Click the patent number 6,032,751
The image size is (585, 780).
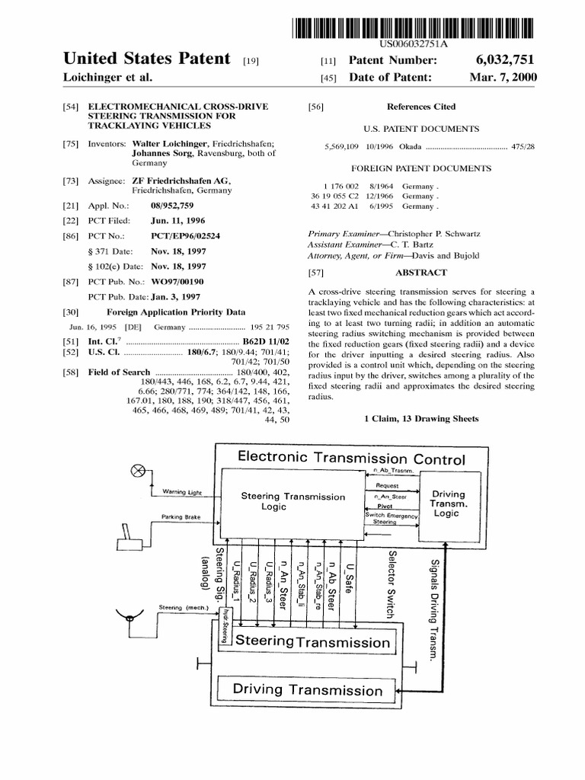507,59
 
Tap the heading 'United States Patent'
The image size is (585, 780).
146,59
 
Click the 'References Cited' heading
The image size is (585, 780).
420,107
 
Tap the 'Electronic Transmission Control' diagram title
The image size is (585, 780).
351,459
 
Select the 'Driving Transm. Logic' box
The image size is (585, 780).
446,503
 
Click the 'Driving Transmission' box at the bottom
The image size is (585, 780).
308,691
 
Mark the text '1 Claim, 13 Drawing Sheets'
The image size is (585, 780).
421,418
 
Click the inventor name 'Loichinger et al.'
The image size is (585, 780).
107,78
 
